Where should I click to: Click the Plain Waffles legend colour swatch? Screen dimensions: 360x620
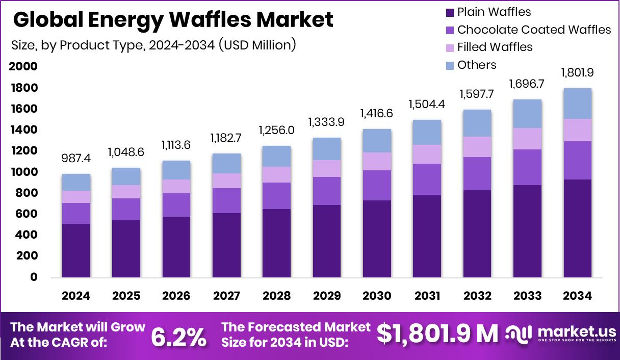coord(449,12)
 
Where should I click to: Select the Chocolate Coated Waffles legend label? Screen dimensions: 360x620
coord(534,30)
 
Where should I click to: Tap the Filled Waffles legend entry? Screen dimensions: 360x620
coord(495,47)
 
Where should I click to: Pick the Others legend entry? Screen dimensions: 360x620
coord(477,65)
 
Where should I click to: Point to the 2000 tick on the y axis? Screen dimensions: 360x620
coord(23,67)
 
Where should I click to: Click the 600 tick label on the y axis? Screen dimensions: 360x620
coord(25,214)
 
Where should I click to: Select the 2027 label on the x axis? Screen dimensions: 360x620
coord(226,296)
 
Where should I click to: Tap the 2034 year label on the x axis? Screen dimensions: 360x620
coord(577,296)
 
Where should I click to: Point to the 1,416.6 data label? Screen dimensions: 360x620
coord(377,113)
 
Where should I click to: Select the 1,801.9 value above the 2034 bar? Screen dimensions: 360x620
coord(577,73)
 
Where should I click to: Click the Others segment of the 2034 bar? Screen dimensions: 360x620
coord(577,104)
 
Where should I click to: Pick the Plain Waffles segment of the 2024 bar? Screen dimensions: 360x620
coord(76,250)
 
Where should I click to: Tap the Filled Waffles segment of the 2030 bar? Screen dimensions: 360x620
coord(377,161)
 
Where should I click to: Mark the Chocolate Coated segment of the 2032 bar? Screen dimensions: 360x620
coord(477,173)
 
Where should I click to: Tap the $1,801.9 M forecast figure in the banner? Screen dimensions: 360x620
coord(437,334)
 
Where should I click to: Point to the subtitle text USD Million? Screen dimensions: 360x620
coord(258,45)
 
